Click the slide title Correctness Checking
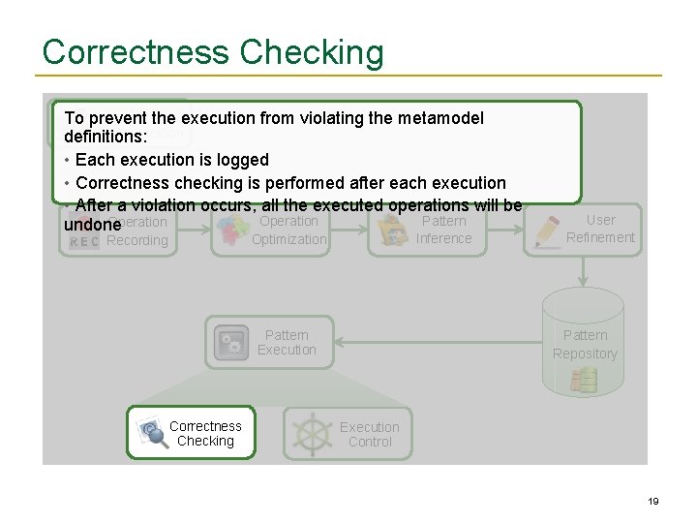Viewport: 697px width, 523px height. [x=213, y=52]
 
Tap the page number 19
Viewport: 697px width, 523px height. [x=653, y=501]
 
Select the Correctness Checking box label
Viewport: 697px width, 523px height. [x=205, y=433]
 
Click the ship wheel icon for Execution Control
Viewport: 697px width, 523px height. [x=311, y=433]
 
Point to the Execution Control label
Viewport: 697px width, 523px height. [x=369, y=434]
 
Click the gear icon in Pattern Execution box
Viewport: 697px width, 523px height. [x=230, y=343]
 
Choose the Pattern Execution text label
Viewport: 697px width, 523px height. [x=287, y=342]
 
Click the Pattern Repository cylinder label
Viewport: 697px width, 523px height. [x=585, y=345]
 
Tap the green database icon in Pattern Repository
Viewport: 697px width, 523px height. [x=584, y=380]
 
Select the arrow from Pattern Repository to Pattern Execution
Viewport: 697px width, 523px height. [x=436, y=342]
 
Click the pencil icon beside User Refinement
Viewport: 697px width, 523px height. [x=547, y=230]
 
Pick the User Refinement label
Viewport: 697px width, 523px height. [x=600, y=229]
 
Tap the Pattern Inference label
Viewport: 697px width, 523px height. [x=443, y=230]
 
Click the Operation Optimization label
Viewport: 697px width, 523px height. [x=288, y=230]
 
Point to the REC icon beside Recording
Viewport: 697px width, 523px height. [x=83, y=241]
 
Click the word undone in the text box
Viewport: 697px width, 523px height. [x=92, y=225]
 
